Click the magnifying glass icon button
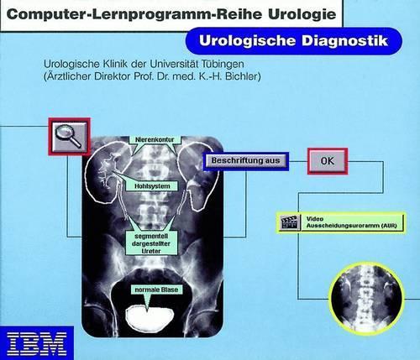click(x=69, y=137)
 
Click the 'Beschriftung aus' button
click(x=245, y=161)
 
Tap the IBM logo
click(x=37, y=343)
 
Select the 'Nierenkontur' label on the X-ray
click(x=155, y=139)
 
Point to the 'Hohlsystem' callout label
click(x=152, y=186)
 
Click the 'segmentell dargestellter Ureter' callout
click(x=151, y=243)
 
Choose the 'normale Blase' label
click(x=156, y=290)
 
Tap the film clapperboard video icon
click(x=289, y=222)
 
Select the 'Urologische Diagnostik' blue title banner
click(x=293, y=41)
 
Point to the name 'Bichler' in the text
click(x=243, y=76)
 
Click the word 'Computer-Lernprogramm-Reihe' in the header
click(x=136, y=14)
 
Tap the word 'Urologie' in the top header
click(x=302, y=14)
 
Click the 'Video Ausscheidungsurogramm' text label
click(x=351, y=222)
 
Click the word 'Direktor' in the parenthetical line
click(x=113, y=76)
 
